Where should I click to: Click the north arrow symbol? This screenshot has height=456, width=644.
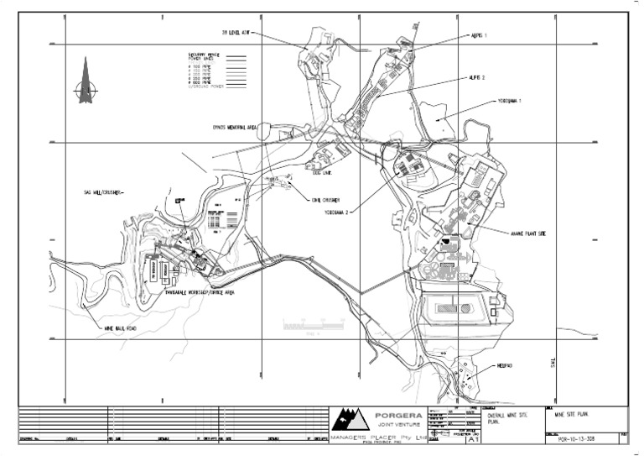pos(85,82)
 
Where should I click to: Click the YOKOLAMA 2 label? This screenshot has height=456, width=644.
pos(336,212)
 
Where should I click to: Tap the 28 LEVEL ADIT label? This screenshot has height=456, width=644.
pos(236,34)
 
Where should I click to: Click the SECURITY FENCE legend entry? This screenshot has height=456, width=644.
pos(205,55)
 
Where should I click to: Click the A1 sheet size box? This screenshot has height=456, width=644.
pos(473,438)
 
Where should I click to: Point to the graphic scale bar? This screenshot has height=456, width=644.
pos(314,322)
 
